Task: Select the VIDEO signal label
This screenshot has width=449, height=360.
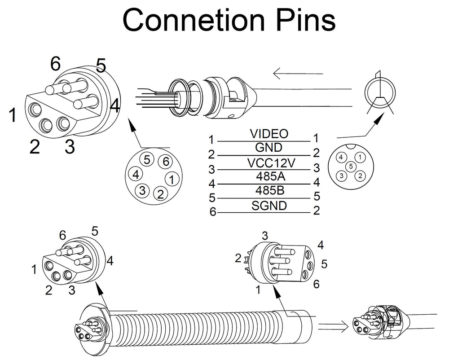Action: [269, 134]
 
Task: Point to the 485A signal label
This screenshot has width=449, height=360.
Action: [269, 176]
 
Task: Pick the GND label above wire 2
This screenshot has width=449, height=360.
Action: [269, 148]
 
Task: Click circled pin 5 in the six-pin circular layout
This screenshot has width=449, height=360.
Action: [147, 160]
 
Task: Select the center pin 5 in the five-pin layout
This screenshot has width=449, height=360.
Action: [350, 167]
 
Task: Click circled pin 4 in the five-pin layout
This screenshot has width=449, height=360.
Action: [342, 157]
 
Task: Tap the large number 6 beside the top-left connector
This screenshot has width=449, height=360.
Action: [55, 64]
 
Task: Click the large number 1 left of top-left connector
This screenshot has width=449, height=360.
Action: [13, 115]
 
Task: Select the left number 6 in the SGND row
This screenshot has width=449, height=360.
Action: [213, 211]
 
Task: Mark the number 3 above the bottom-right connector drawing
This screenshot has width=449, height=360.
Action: [265, 236]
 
